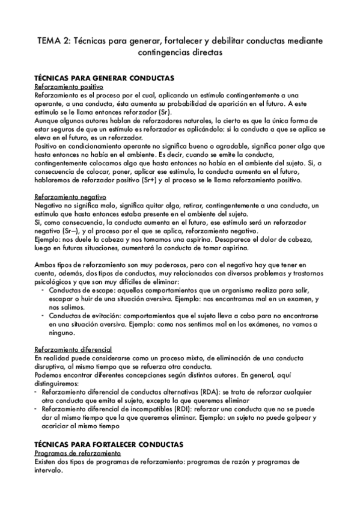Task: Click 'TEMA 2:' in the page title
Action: pos(51,41)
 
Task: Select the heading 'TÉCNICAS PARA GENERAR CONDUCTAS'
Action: pos(105,79)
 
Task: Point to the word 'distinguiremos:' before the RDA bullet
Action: pos(58,382)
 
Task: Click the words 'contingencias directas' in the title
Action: pos(180,53)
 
